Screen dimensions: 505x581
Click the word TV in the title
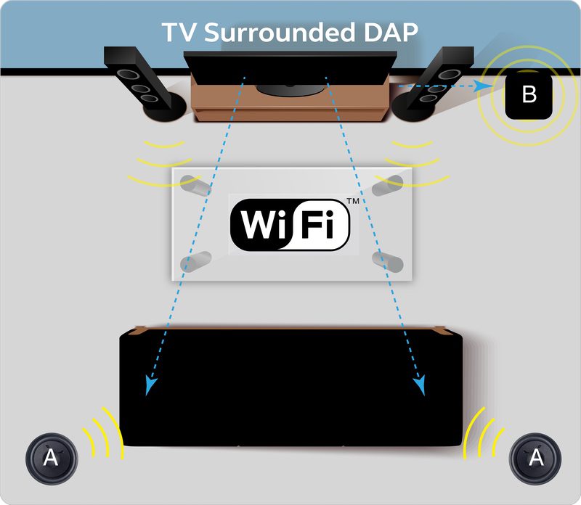click(x=176, y=33)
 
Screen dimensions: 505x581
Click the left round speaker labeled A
click(x=50, y=457)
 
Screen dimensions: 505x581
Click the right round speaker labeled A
click(x=535, y=457)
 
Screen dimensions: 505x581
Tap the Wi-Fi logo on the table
click(x=290, y=223)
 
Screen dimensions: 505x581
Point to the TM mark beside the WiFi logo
click(x=353, y=200)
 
